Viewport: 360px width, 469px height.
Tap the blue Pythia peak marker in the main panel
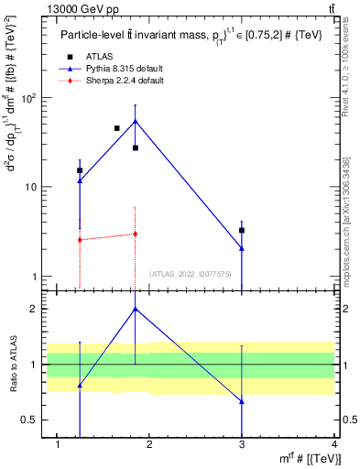point(136,121)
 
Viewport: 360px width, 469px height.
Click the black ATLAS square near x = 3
point(242,230)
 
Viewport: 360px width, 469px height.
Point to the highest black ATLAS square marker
point(117,128)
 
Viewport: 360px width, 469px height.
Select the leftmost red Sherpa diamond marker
point(81,240)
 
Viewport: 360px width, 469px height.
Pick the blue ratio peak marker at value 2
point(136,309)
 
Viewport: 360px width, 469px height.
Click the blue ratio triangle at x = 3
point(242,401)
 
